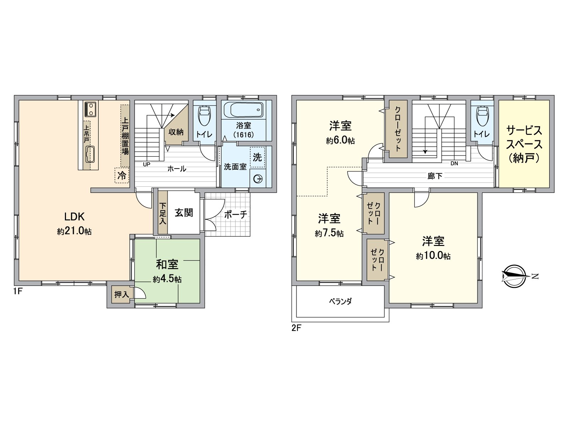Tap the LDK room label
pyautogui.click(x=74, y=216)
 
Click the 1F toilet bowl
pyautogui.click(x=204, y=115)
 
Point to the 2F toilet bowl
pyautogui.click(x=482, y=115)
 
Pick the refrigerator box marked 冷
pyautogui.click(x=122, y=175)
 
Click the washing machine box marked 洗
pyautogui.click(x=257, y=157)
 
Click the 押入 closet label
pyautogui.click(x=121, y=295)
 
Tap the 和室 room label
pyautogui.click(x=167, y=264)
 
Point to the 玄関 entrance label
pyautogui.click(x=184, y=213)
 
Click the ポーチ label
pyautogui.click(x=235, y=214)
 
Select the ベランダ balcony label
pyautogui.click(x=340, y=301)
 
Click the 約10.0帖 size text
pyautogui.click(x=433, y=256)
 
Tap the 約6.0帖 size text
pyautogui.click(x=340, y=141)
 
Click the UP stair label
pyautogui.click(x=146, y=164)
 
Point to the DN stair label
pyautogui.click(x=454, y=164)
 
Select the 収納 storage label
pyautogui.click(x=176, y=132)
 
